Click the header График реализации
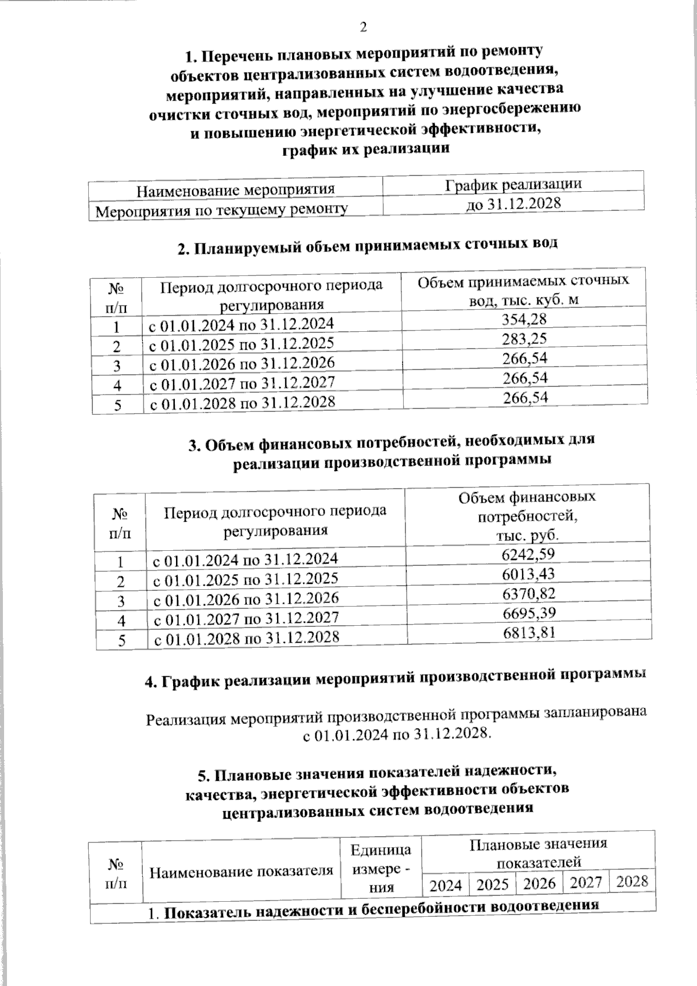tap(513, 184)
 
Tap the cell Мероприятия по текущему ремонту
tap(221, 210)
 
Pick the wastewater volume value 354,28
tap(524, 319)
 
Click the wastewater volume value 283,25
tap(524, 338)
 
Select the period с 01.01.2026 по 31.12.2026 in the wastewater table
tap(242, 363)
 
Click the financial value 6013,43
tap(528, 574)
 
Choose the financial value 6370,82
tap(528, 593)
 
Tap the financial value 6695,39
tap(528, 613)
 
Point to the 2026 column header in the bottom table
tap(540, 883)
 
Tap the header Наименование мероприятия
tap(236, 190)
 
